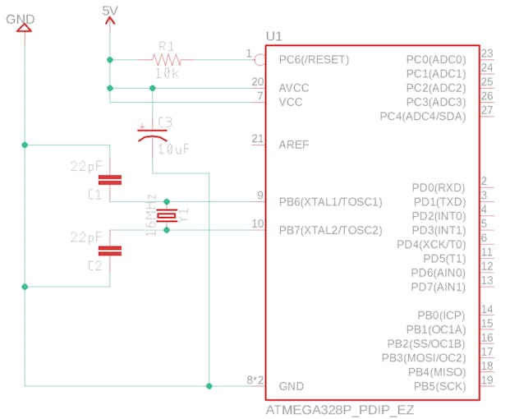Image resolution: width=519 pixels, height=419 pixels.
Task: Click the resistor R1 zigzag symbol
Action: click(167, 59)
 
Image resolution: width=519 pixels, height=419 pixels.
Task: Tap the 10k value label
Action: click(168, 73)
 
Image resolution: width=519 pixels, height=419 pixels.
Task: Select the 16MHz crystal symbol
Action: click(167, 215)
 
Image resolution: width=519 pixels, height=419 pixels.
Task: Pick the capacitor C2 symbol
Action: click(109, 251)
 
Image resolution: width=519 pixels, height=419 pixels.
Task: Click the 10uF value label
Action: click(175, 150)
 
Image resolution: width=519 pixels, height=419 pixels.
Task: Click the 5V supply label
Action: click(111, 10)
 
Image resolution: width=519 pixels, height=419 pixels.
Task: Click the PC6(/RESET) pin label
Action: click(314, 59)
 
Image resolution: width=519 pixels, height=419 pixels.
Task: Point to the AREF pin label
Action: click(294, 144)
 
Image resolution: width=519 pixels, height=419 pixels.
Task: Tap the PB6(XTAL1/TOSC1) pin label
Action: click(330, 201)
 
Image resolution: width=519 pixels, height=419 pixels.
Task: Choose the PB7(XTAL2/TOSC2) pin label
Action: click(330, 229)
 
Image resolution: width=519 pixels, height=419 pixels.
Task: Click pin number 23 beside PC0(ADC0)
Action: click(487, 53)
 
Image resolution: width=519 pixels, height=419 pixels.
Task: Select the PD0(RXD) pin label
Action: click(439, 187)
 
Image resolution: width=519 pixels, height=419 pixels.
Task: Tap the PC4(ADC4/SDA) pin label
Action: click(422, 116)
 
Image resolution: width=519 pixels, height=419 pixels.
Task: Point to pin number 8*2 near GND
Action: click(255, 380)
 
